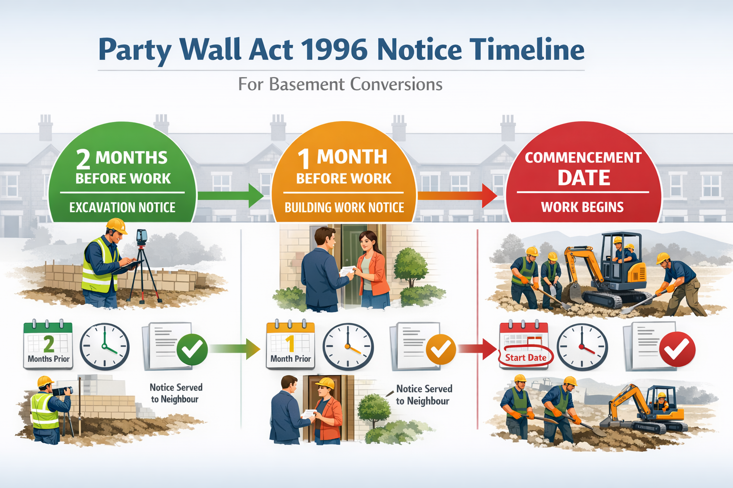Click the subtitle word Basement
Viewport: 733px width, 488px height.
click(x=306, y=84)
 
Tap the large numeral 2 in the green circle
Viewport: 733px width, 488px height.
click(x=83, y=159)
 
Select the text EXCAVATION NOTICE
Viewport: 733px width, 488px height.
click(x=122, y=207)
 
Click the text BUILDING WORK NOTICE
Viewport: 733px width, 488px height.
click(x=344, y=207)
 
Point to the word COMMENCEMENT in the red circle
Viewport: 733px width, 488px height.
click(x=583, y=157)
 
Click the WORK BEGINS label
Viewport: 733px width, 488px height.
click(x=582, y=207)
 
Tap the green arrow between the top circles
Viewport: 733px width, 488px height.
click(x=231, y=195)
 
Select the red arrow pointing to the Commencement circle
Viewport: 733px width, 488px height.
click(x=458, y=195)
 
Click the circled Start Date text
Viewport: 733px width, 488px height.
click(x=525, y=358)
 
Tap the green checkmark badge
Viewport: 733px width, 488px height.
click(x=192, y=349)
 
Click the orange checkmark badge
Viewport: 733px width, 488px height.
click(x=440, y=349)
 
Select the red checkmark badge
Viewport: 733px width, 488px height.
click(x=677, y=349)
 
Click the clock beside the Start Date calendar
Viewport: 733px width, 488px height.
click(x=582, y=347)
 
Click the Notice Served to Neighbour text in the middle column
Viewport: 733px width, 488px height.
click(x=424, y=395)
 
